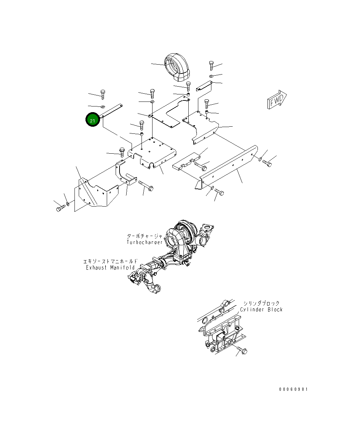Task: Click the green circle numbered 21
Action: (x=92, y=120)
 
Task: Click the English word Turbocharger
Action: (x=145, y=242)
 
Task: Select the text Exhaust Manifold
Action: (x=110, y=268)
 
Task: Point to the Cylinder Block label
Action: (x=261, y=310)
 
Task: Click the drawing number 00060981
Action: (x=293, y=389)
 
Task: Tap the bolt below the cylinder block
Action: (x=243, y=350)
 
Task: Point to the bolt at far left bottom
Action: (x=59, y=208)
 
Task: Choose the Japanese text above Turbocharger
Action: (x=145, y=236)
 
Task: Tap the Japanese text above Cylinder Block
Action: (x=261, y=303)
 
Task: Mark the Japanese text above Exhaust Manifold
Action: (x=110, y=262)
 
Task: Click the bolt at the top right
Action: (x=211, y=65)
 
